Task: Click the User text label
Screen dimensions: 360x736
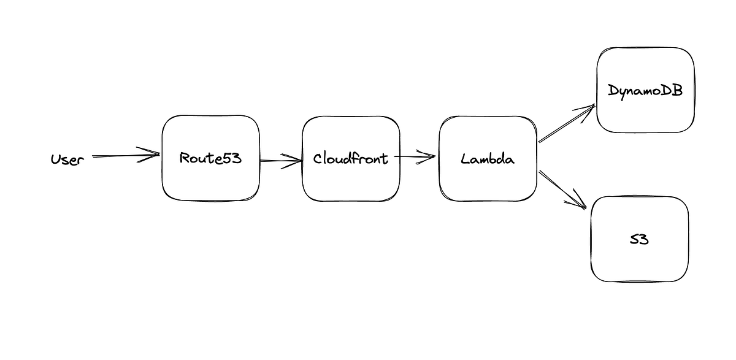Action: [x=67, y=160]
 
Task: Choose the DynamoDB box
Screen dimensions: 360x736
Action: [x=645, y=113]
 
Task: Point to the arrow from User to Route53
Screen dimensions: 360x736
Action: [x=123, y=156]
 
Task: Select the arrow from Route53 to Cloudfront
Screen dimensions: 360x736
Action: [x=279, y=161]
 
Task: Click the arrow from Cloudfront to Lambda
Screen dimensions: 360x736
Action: [x=414, y=156]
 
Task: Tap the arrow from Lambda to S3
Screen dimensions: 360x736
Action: [x=559, y=188]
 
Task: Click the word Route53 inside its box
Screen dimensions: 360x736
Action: [x=210, y=158]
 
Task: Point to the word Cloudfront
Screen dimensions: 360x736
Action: [x=351, y=158]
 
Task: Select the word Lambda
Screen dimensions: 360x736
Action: [x=488, y=159]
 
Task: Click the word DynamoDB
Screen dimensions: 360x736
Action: [x=645, y=90]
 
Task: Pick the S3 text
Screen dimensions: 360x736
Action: [x=639, y=239]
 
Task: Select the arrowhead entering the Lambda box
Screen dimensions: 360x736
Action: [x=429, y=156]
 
